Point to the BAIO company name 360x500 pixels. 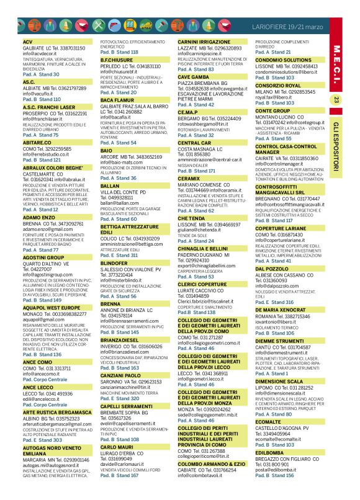(x=106, y=151)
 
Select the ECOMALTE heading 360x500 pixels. (x=268, y=421)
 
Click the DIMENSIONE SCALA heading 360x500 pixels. (x=279, y=382)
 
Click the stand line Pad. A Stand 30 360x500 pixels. (x=41, y=74)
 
